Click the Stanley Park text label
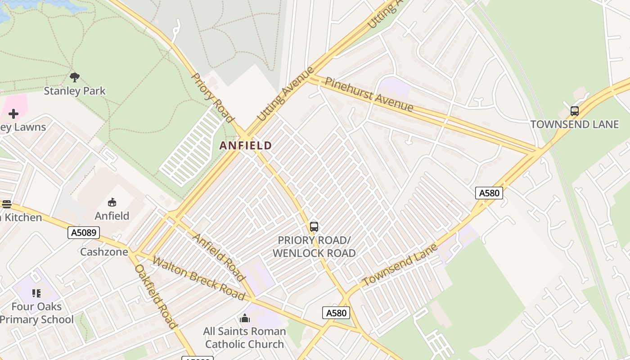tap(75, 91)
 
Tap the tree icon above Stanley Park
tap(75, 77)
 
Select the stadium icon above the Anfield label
tap(112, 202)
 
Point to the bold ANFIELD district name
tap(246, 145)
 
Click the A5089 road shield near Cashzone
tap(84, 233)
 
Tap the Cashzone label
tap(104, 252)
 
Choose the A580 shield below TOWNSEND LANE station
tap(489, 193)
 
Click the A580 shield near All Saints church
tap(336, 313)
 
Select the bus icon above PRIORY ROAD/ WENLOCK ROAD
tap(314, 227)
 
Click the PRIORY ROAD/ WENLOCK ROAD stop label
tap(314, 247)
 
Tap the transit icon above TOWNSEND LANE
tap(574, 111)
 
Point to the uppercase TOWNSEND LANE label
tap(575, 124)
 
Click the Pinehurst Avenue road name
tap(369, 94)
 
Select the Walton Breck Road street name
tap(198, 278)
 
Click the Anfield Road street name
tap(219, 257)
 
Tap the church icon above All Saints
tap(245, 319)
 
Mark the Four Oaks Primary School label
tap(37, 313)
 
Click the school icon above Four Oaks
tap(36, 293)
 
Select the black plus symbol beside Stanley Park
tap(13, 114)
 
